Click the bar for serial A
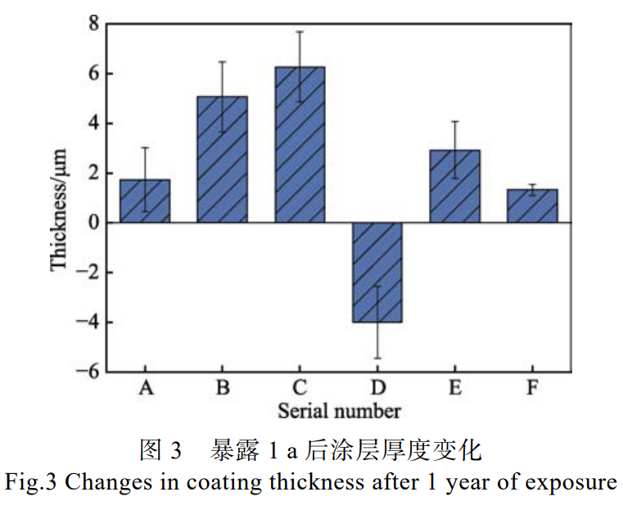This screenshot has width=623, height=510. coord(145,201)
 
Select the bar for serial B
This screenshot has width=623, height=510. coord(222,160)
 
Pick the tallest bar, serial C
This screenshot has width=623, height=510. coord(300,145)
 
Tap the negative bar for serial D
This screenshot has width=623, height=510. coord(377,272)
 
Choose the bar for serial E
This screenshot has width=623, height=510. coord(454,186)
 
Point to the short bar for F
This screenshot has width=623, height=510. coord(532,205)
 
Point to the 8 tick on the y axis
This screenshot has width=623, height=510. coord(95,25)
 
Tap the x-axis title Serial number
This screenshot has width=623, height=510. coord(339,409)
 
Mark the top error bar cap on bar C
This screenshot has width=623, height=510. coord(300,32)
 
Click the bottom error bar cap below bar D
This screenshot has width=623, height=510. coord(377,358)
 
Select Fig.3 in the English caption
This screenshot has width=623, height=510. coord(31,482)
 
